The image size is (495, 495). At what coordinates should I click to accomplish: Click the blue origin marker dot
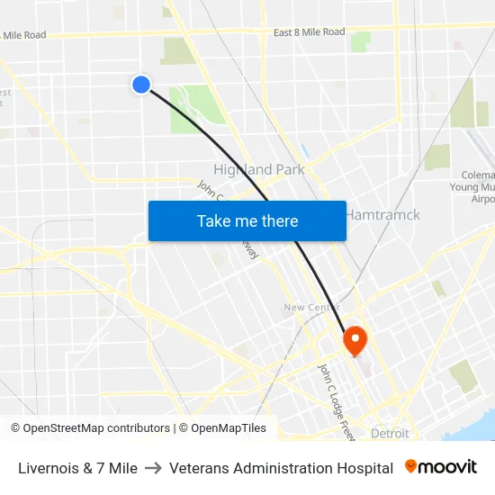click(141, 84)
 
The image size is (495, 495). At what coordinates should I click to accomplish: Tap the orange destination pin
click(355, 339)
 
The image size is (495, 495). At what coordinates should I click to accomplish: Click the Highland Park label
click(258, 169)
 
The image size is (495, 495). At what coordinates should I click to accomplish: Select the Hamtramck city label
click(383, 216)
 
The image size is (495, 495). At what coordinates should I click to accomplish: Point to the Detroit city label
click(390, 433)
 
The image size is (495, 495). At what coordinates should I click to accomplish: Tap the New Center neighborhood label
click(310, 308)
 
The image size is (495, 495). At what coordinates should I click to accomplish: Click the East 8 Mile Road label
click(309, 32)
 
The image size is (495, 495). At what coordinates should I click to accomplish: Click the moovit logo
click(440, 467)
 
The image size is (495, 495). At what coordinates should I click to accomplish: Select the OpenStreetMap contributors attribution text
click(90, 428)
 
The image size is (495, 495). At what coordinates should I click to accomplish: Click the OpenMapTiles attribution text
click(222, 428)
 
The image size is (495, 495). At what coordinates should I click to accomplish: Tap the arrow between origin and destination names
click(153, 468)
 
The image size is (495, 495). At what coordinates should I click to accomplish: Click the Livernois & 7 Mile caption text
click(77, 468)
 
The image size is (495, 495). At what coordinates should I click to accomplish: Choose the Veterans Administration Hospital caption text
click(281, 468)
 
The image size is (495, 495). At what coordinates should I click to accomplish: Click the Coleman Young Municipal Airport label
click(473, 186)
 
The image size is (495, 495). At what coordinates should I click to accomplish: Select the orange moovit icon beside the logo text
click(411, 466)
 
